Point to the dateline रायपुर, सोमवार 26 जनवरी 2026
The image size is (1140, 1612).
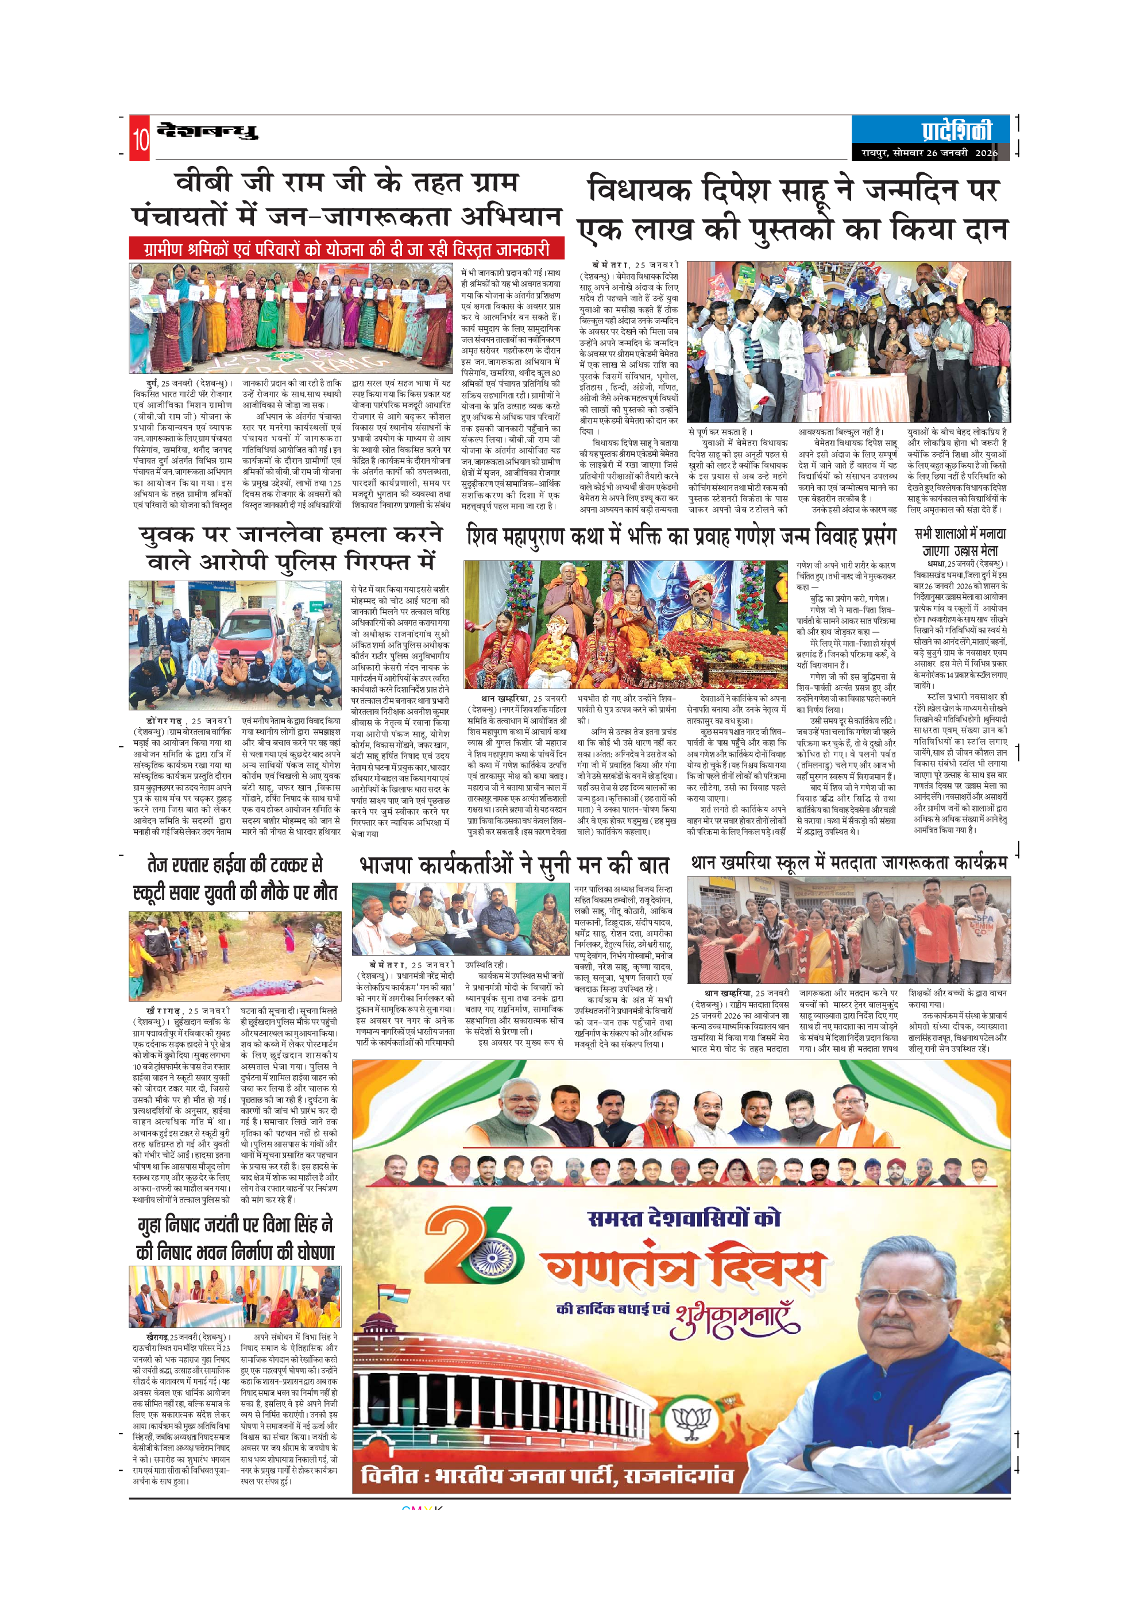tap(929, 152)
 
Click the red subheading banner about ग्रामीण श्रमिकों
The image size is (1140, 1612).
tap(347, 249)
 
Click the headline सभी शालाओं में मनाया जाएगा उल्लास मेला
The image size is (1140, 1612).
tap(960, 542)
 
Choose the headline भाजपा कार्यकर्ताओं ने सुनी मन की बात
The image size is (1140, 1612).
tap(514, 865)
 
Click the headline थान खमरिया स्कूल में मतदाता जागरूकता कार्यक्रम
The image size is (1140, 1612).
tap(849, 863)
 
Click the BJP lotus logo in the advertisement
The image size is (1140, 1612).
tap(691, 1422)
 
